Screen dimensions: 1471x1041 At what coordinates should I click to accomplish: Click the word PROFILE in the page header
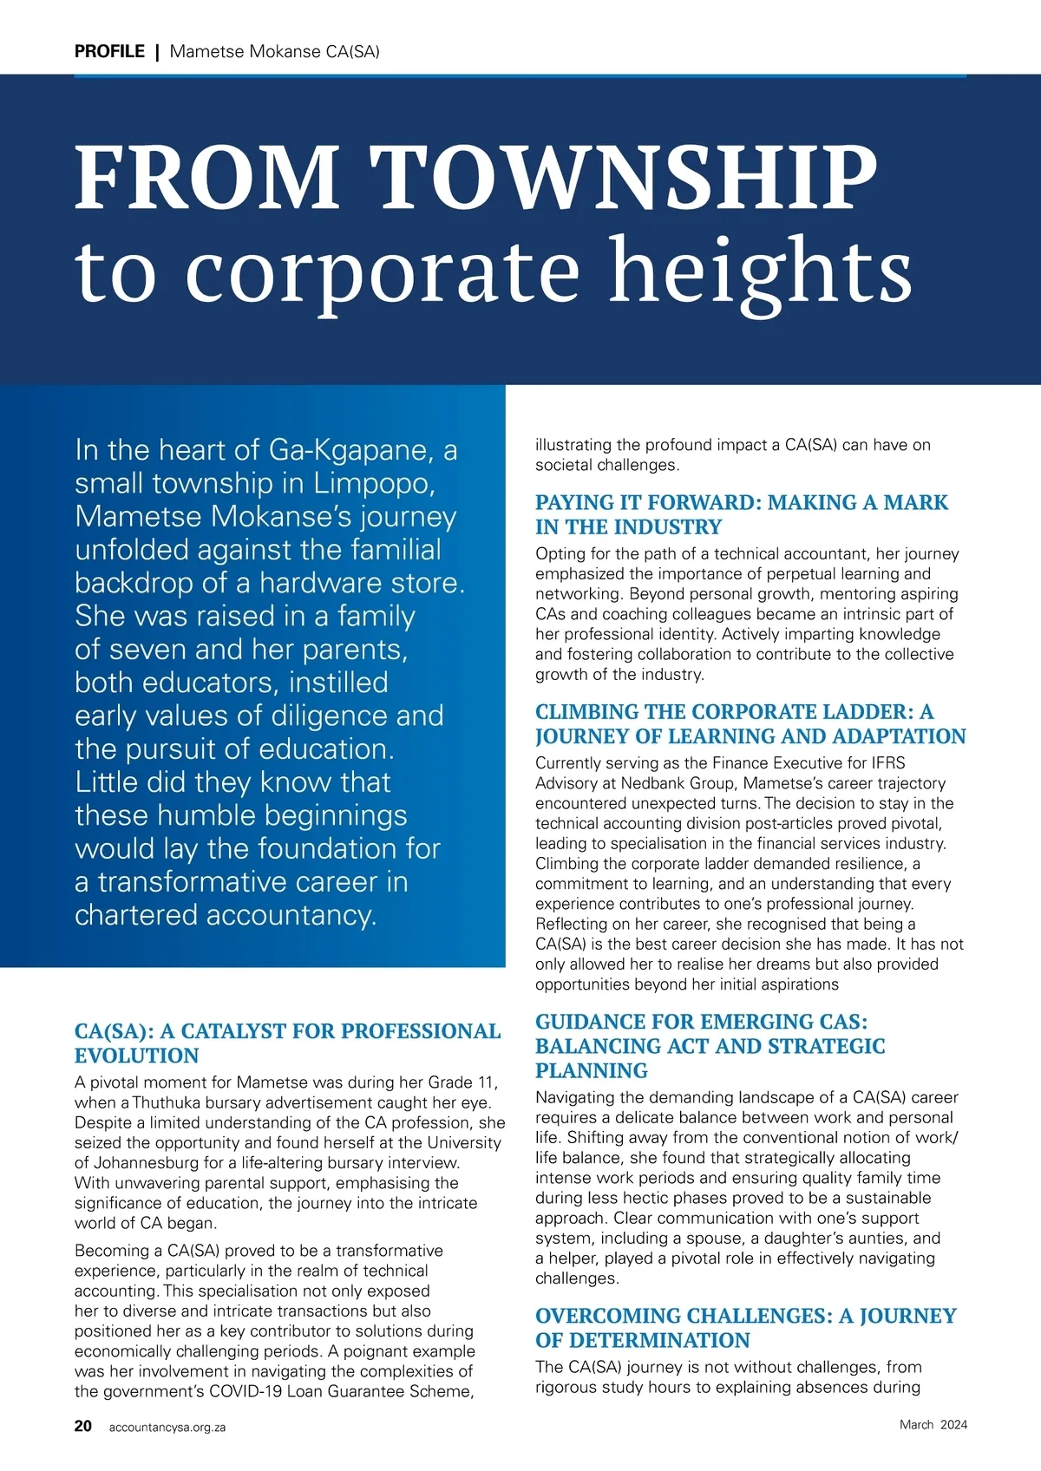coord(109,51)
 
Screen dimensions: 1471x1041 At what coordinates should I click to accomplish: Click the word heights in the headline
coord(760,271)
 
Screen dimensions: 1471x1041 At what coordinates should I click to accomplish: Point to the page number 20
coord(83,1426)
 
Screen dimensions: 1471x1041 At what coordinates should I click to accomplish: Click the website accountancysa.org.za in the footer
coord(167,1427)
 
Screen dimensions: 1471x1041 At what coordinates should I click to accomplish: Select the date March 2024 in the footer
coord(933,1424)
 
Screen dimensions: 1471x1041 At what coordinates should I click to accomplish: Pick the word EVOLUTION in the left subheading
coord(137,1056)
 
